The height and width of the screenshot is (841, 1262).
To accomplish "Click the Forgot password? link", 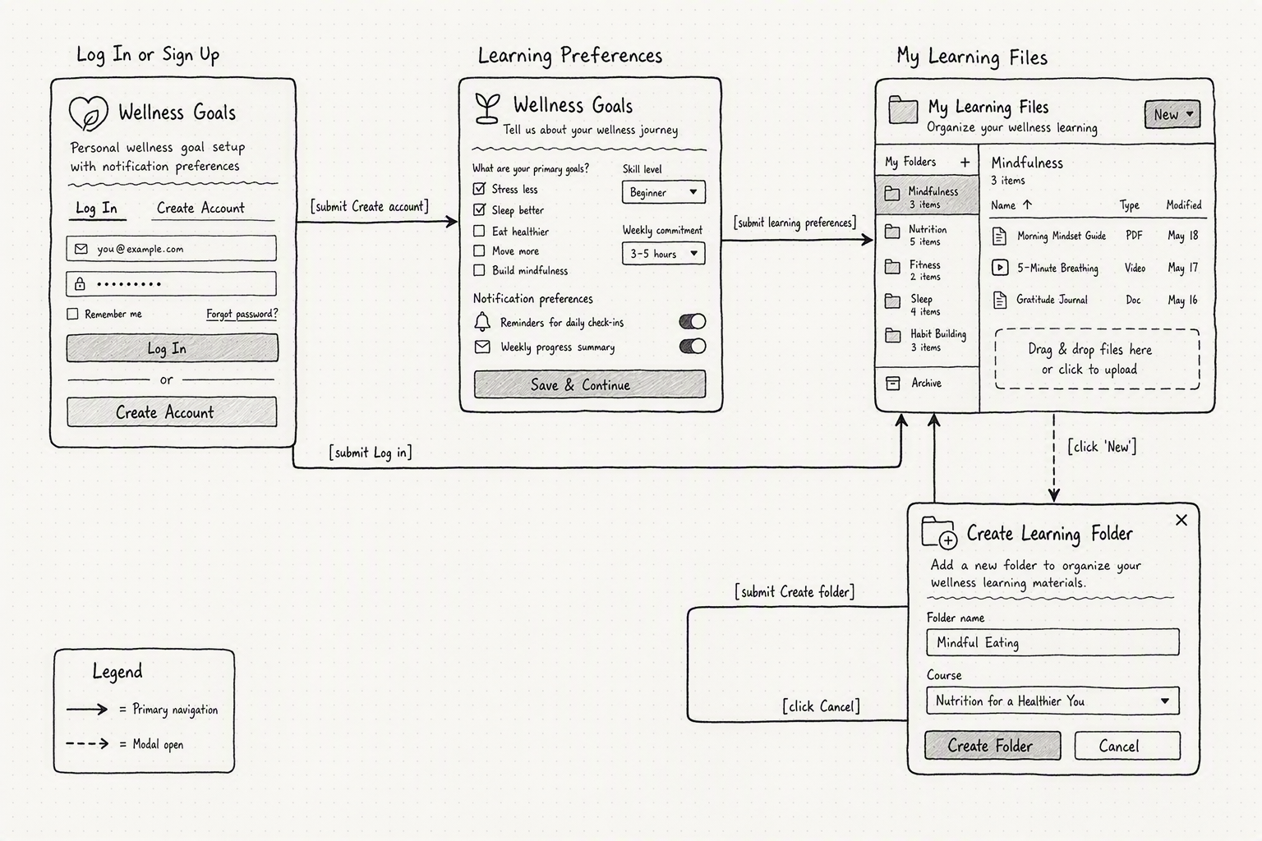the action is [242, 314].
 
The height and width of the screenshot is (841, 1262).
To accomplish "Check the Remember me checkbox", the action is [72, 314].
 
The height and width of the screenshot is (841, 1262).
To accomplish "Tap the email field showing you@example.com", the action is [171, 248].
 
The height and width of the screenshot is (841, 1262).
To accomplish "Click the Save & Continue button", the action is [590, 384].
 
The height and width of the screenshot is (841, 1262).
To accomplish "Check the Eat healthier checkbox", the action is [479, 231].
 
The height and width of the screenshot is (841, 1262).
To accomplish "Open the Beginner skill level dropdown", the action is [664, 192].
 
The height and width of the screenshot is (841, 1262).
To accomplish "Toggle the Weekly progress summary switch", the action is [693, 346].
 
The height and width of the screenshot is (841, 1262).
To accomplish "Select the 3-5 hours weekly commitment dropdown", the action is [664, 254].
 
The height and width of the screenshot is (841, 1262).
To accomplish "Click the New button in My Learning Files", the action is [1172, 114].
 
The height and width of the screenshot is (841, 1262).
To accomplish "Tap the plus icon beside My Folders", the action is [965, 163].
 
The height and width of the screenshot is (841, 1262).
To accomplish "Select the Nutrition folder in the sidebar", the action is [927, 235].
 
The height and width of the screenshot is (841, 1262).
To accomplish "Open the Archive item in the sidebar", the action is [927, 383].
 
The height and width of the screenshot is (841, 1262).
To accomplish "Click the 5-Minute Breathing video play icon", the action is [1000, 267].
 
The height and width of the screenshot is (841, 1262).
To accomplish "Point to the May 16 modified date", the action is [1182, 300].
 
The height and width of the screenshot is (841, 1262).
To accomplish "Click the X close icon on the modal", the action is [1181, 520].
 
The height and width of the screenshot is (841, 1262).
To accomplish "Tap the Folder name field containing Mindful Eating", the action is [1052, 642].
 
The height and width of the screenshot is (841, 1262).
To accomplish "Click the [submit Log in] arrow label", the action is [371, 453].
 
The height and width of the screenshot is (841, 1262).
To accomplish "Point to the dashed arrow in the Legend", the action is [87, 743].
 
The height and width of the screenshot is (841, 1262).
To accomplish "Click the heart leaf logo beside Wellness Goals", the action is [88, 113].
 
